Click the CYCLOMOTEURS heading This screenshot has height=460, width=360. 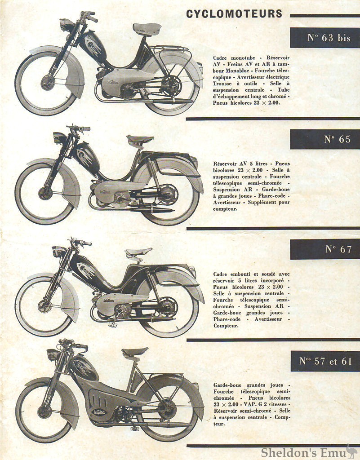click(x=234, y=14)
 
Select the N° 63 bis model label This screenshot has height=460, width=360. click(x=329, y=38)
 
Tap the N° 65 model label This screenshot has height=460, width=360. click(x=337, y=139)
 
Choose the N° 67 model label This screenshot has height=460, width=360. click(x=338, y=249)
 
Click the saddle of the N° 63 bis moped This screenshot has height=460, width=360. click(x=147, y=29)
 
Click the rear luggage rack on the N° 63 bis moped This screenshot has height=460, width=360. click(x=169, y=49)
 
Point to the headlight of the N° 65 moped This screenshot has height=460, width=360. click(x=59, y=137)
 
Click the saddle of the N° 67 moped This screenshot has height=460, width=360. click(x=138, y=253)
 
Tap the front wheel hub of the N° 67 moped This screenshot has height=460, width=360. click(x=44, y=306)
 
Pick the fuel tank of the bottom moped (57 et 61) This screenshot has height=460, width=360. click(x=84, y=367)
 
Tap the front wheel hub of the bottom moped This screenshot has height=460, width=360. click(x=44, y=411)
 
